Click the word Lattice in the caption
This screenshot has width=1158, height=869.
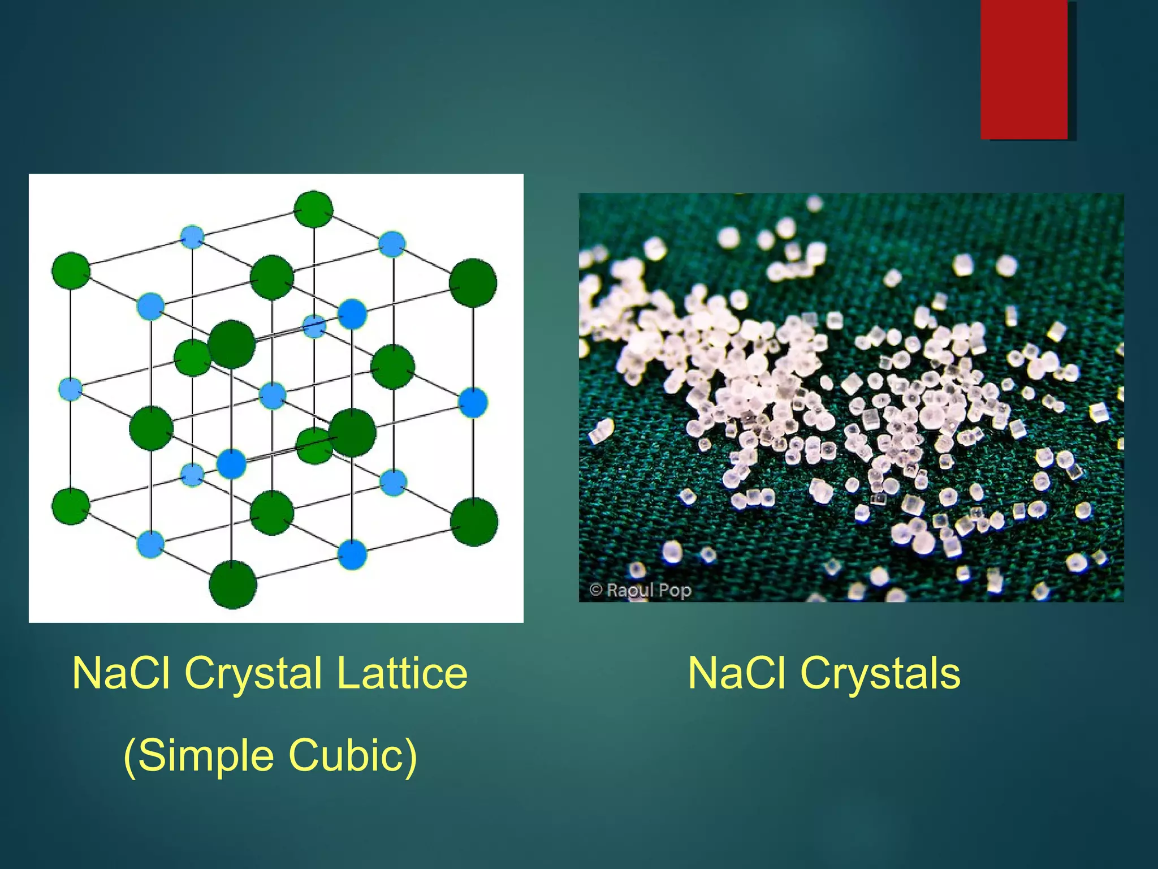[x=402, y=673]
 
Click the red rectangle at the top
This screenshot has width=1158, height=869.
[x=1024, y=69]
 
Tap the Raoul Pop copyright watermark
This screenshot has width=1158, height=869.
[x=641, y=590]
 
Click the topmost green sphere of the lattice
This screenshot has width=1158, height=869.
[x=314, y=209]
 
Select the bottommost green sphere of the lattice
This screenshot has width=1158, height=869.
[x=232, y=584]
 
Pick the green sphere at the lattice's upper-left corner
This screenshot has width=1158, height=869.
[x=71, y=271]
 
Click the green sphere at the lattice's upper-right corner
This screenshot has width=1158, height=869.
[x=473, y=282]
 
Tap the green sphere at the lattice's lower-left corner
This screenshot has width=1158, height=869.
[x=71, y=505]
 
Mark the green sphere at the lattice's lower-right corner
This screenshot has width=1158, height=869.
[x=474, y=522]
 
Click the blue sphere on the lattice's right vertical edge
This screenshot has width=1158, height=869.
[x=473, y=402]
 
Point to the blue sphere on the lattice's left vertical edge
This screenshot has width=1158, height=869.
[x=71, y=389]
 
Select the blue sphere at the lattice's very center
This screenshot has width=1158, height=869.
[x=273, y=395]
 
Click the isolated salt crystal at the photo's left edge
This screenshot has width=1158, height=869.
[x=600, y=431]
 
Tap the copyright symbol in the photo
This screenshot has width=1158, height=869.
[x=595, y=590]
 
